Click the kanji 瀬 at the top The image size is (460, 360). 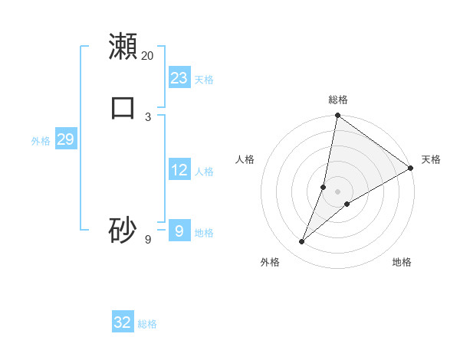pyautogui.click(x=123, y=47)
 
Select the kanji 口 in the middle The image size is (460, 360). pyautogui.click(x=123, y=107)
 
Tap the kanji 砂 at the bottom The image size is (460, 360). pyautogui.click(x=123, y=230)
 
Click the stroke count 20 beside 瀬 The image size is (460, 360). pyautogui.click(x=147, y=55)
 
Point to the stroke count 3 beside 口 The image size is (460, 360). pyautogui.click(x=148, y=116)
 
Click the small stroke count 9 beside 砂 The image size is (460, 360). pyautogui.click(x=148, y=240)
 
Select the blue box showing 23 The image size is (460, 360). pyautogui.click(x=179, y=78)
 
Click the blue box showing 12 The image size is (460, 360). pyautogui.click(x=179, y=170)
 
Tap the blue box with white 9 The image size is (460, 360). pyautogui.click(x=179, y=231)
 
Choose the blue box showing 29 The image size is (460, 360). pyautogui.click(x=65, y=139)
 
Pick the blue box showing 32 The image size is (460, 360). pyautogui.click(x=123, y=322)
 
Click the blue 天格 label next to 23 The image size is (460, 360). pyautogui.click(x=204, y=80)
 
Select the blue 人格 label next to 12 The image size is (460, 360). pyautogui.click(x=204, y=172)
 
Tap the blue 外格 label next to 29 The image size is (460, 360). pyautogui.click(x=41, y=141)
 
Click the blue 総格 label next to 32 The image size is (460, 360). pyautogui.click(x=147, y=324)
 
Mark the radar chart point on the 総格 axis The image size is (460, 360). pyautogui.click(x=337, y=116)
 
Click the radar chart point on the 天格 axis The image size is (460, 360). pyautogui.click(x=410, y=169)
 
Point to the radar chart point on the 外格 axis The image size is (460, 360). pyautogui.click(x=301, y=242)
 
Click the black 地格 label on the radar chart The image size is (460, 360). pyautogui.click(x=402, y=262)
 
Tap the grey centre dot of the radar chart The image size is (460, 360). pyautogui.click(x=337, y=191)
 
